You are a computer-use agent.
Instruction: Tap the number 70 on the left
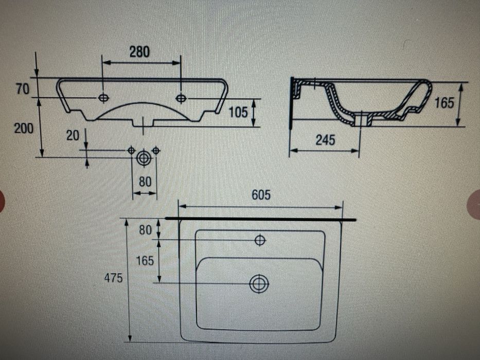click(x=23, y=89)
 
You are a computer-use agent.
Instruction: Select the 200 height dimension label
click(x=23, y=128)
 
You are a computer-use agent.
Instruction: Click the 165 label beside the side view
click(x=445, y=103)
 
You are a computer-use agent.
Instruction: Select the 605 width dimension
click(x=261, y=195)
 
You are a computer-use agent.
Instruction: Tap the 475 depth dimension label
click(x=113, y=278)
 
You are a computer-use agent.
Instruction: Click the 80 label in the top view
click(x=145, y=230)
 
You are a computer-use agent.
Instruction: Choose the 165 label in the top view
click(x=145, y=261)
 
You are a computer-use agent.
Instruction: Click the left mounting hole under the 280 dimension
click(x=103, y=98)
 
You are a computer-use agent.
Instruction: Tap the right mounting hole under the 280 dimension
click(x=181, y=98)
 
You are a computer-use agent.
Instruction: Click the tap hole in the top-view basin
click(x=260, y=240)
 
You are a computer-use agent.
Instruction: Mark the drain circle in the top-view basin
click(x=259, y=283)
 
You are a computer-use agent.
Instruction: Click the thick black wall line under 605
click(x=261, y=220)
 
